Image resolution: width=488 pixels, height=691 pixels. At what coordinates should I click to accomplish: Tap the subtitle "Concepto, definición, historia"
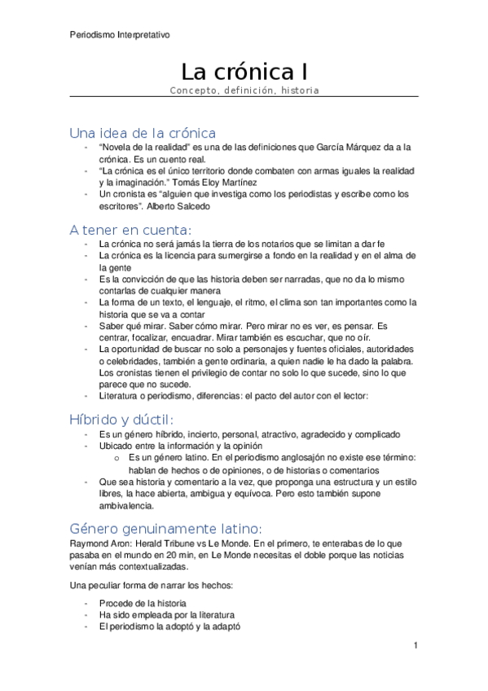coord(244,90)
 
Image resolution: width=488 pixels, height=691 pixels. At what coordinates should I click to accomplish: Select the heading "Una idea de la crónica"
coord(142,132)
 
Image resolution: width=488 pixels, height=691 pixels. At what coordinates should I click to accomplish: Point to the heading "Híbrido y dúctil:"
coord(121,419)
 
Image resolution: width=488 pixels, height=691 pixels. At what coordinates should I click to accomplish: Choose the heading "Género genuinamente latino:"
coord(165,527)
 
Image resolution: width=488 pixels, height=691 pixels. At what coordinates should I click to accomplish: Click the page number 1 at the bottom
coord(415,645)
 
